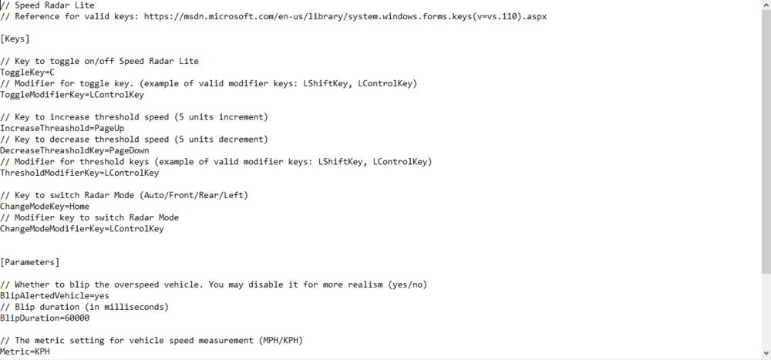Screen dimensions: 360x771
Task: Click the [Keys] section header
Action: coord(15,39)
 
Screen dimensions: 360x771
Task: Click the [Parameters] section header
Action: coord(30,262)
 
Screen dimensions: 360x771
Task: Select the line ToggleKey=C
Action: coord(27,72)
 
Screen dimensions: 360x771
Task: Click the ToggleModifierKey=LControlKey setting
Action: coord(72,95)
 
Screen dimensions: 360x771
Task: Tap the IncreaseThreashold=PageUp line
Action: coord(62,128)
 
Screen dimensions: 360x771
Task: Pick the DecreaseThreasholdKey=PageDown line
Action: coord(75,150)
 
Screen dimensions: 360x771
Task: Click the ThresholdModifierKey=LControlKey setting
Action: coord(79,173)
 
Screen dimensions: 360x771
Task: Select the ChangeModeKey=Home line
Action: coord(45,207)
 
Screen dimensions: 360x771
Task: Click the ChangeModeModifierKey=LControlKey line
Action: coord(82,229)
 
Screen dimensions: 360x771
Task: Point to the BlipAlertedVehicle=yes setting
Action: coord(55,295)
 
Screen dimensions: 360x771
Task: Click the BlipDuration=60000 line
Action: coord(45,318)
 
